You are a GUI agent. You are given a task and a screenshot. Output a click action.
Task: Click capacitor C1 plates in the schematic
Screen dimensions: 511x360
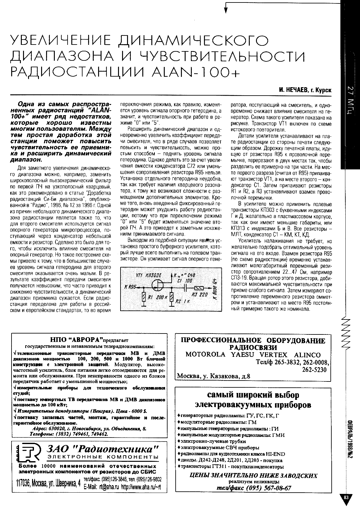click(186, 287)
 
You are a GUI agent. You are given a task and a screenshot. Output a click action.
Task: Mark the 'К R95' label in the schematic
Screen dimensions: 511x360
click(131, 287)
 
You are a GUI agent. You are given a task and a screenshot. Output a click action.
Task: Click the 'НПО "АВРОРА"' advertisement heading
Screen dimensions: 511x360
click(76, 339)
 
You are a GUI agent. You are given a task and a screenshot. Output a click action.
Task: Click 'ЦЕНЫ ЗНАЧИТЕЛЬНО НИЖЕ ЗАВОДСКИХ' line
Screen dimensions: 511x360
click(253, 475)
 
